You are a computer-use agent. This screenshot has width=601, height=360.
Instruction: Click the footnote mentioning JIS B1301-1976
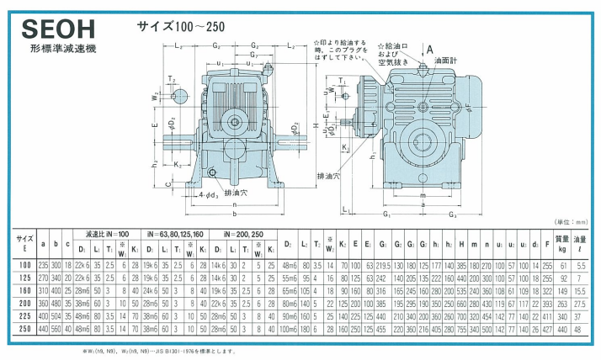pyautogui.click(x=160, y=350)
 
